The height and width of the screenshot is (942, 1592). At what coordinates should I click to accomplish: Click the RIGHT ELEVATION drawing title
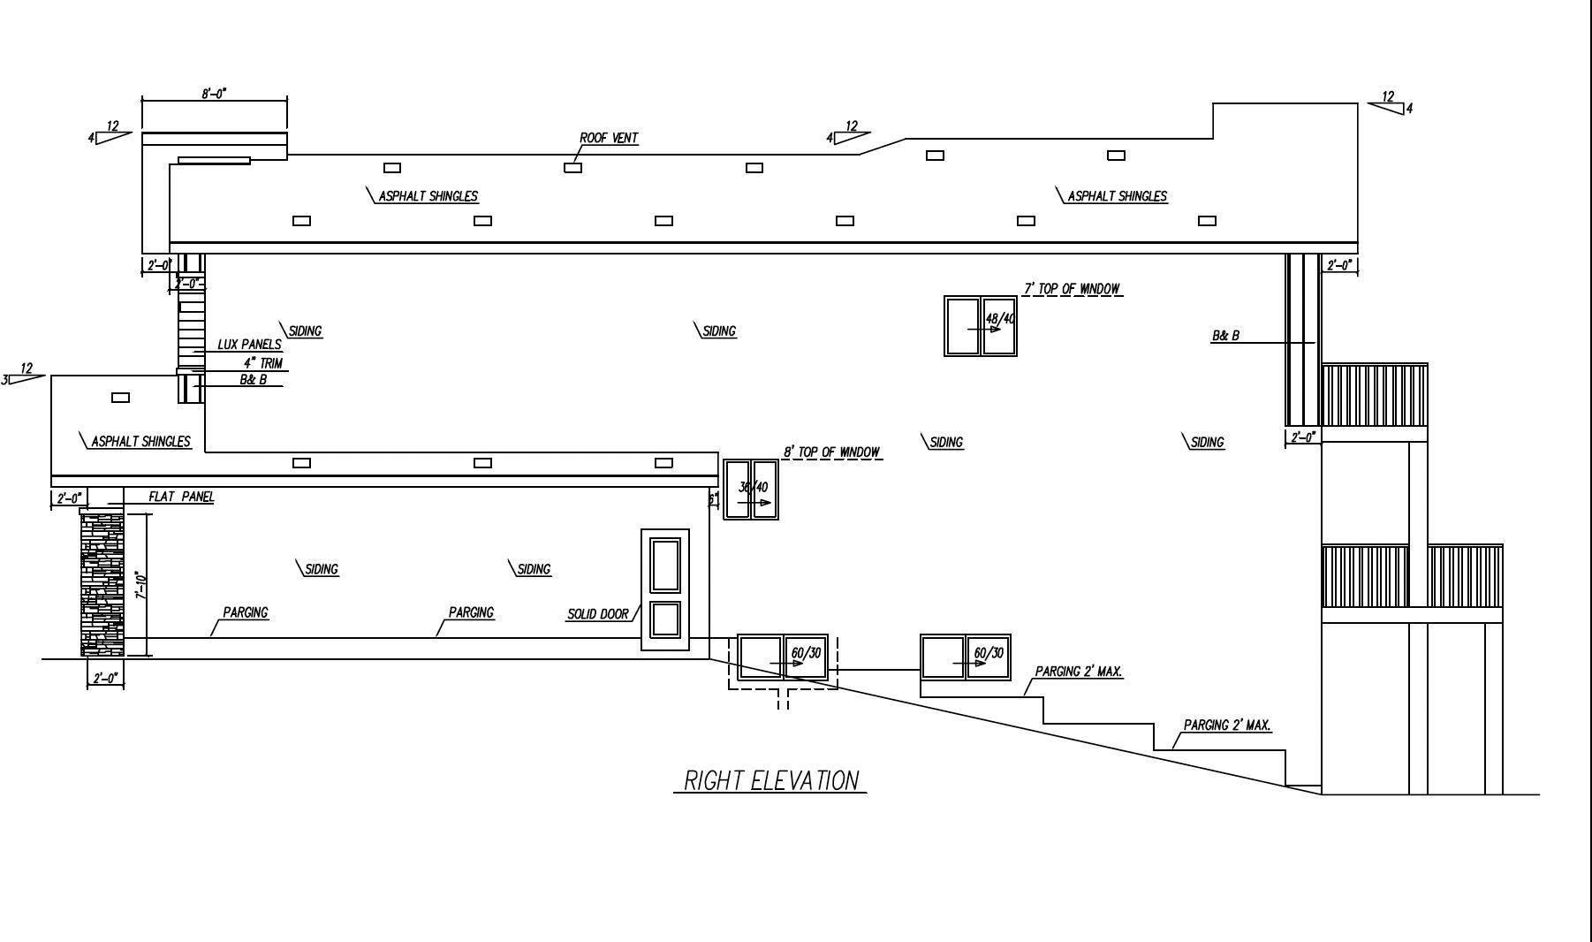[770, 780]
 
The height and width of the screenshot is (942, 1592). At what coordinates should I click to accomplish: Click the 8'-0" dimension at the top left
[214, 93]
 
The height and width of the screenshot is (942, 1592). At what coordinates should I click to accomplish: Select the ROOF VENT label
[608, 138]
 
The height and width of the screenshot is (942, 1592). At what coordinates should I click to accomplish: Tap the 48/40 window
[981, 326]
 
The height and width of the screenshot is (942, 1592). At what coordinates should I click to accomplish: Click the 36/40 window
[751, 489]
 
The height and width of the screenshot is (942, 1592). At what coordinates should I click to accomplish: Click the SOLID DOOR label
[597, 614]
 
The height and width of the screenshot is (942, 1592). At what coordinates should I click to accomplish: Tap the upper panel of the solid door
[665, 565]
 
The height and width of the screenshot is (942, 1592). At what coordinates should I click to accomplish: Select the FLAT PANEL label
[180, 497]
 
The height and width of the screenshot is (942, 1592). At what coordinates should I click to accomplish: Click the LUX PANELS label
[249, 345]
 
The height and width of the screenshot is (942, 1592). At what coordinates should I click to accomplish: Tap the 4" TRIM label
[262, 362]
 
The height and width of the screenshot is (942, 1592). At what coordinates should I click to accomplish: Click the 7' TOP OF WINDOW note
[1072, 288]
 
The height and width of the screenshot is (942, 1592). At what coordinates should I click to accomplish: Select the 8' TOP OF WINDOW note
[831, 452]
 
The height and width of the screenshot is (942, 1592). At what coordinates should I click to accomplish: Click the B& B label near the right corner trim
[1224, 336]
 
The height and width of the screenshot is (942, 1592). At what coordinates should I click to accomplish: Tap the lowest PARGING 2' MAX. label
[1227, 725]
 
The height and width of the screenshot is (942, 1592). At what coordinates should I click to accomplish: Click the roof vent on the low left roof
[120, 398]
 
